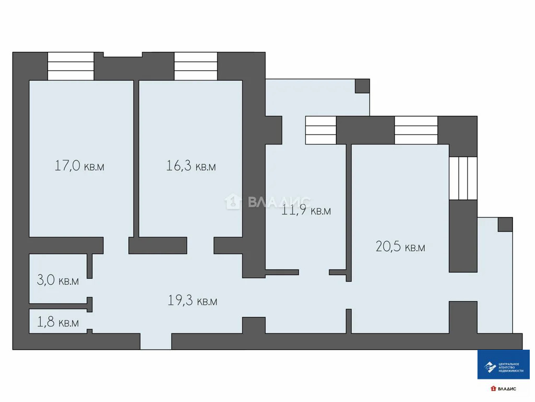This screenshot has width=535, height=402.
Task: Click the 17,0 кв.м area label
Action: [79, 165]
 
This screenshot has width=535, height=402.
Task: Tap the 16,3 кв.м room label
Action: [191, 165]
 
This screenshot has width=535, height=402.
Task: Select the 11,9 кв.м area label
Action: [306, 210]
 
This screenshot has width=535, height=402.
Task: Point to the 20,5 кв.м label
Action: [401, 246]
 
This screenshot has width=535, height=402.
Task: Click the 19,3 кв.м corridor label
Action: [192, 300]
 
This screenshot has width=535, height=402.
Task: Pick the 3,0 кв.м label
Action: [58, 280]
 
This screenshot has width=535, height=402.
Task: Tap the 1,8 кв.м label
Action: [58, 322]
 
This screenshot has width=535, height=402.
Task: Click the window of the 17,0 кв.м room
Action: [71, 66]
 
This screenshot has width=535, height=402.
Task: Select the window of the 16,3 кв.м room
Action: [196, 66]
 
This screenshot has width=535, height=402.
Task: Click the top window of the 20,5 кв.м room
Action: [416, 130]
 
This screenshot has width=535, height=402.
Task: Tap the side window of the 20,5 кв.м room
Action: [463, 178]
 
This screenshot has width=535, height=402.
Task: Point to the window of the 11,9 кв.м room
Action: [321, 130]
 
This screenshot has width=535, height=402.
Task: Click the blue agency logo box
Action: [503, 364]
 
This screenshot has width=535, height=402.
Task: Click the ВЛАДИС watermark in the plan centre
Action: [268, 202]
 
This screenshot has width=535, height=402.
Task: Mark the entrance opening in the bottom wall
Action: [156, 341]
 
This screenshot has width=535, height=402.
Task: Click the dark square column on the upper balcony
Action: [362, 86]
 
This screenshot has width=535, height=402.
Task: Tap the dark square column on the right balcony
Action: [505, 225]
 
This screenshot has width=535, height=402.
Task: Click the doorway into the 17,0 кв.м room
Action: [116, 245]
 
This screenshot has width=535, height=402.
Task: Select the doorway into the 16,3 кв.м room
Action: [201, 245]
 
